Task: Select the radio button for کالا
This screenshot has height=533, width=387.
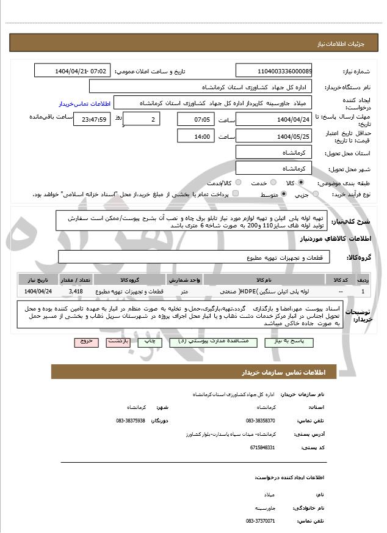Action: click(301, 183)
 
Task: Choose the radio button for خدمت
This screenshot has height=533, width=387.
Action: click(269, 183)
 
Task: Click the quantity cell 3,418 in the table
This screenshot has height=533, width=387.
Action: click(76, 291)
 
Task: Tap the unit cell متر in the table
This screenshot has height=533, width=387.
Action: click(184, 291)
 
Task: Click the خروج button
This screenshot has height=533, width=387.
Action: click(85, 342)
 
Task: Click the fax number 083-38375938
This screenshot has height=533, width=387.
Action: click(130, 421)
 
